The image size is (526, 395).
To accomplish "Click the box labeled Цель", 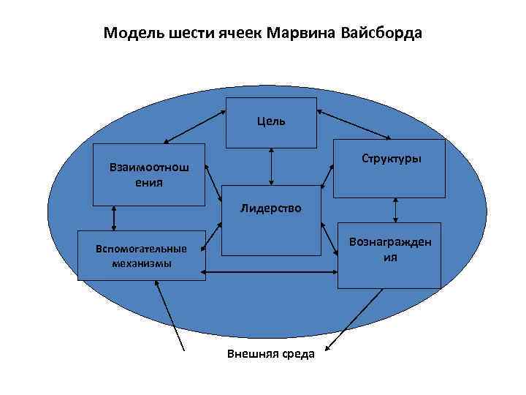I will click(x=271, y=122).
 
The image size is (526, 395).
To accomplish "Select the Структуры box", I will click(x=389, y=168).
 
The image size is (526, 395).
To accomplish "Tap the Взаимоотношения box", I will click(x=148, y=174).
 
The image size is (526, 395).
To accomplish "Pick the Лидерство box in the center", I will click(x=271, y=220).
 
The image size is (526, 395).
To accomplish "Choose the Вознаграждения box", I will click(x=389, y=251).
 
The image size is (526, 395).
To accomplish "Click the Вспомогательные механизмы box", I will click(x=142, y=255).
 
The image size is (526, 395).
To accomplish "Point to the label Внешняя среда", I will click(x=270, y=354).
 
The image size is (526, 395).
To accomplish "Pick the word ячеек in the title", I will click(x=240, y=34).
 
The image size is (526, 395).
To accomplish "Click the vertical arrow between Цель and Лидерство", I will click(x=271, y=165).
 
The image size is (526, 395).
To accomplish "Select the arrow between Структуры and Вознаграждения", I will click(x=395, y=209).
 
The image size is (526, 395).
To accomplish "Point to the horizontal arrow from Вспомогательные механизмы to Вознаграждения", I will click(x=271, y=273).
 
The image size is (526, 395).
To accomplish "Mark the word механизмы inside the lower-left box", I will click(x=142, y=263).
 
